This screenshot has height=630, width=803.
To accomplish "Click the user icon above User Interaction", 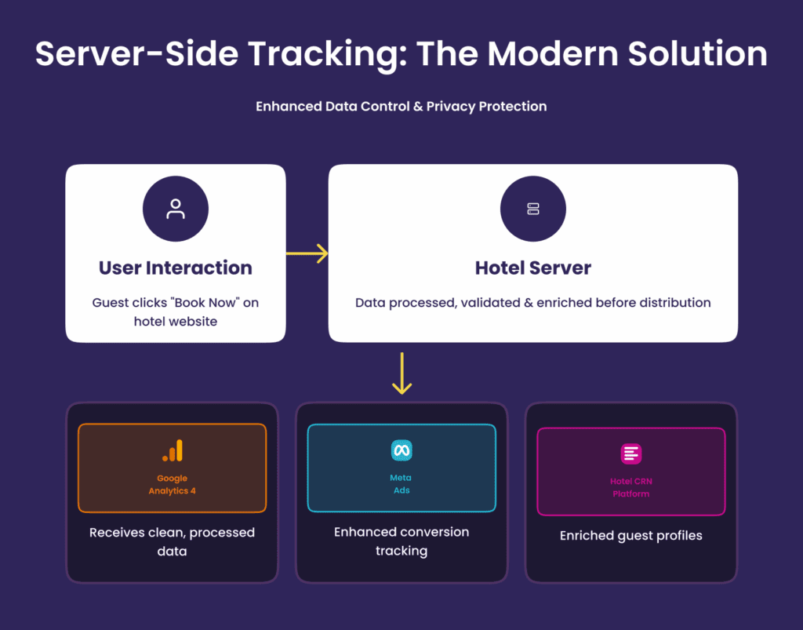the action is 176,209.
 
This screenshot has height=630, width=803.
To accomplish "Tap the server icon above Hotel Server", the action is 533,209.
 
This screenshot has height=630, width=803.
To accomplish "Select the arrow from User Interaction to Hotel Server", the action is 307,253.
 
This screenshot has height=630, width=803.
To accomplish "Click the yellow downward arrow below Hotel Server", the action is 402,373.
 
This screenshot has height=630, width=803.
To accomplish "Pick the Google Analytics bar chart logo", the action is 173,451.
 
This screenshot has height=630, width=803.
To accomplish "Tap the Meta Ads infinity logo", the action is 401,450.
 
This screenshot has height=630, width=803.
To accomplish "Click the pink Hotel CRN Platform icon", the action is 631,453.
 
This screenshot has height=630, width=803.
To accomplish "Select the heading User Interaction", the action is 176,268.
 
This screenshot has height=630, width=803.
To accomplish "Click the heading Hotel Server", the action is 533,268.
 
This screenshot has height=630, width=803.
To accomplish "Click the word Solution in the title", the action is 697,53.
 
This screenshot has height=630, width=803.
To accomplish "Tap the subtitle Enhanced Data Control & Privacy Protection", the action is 401,107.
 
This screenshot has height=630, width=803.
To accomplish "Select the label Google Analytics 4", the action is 172,485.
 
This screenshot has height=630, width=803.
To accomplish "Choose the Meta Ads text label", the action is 401,484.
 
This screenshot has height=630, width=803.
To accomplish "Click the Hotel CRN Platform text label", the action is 631,488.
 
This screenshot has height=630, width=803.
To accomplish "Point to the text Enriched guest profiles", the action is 631,536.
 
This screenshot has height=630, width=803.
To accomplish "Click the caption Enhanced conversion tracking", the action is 401,541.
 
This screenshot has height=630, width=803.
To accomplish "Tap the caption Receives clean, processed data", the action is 172,542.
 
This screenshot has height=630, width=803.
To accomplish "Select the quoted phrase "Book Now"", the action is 207,303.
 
